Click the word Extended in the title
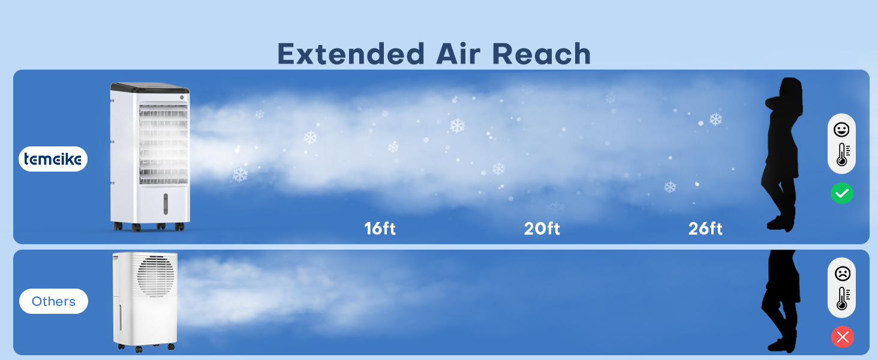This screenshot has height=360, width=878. [x=351, y=54]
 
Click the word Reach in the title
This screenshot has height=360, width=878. [x=542, y=54]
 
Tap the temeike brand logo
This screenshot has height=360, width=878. [x=53, y=159]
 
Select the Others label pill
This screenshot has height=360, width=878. [x=54, y=301]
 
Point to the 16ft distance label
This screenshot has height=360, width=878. [x=380, y=228]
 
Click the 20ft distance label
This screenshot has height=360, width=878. [x=542, y=228]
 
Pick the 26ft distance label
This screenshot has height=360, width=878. [x=705, y=228]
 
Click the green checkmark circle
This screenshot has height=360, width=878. [x=842, y=193]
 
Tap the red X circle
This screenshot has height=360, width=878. [x=843, y=337]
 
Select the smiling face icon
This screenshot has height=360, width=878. [x=841, y=130]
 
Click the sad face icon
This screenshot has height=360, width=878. [x=843, y=274]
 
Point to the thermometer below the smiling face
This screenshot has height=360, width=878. [x=843, y=155]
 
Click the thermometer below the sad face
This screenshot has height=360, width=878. [x=843, y=298]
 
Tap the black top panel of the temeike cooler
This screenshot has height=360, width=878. [x=150, y=88]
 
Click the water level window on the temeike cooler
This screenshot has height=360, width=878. [x=166, y=204]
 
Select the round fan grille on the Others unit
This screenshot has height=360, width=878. [x=155, y=275]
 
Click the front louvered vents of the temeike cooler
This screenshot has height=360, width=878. [x=164, y=145]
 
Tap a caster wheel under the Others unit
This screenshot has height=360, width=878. [x=139, y=349]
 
